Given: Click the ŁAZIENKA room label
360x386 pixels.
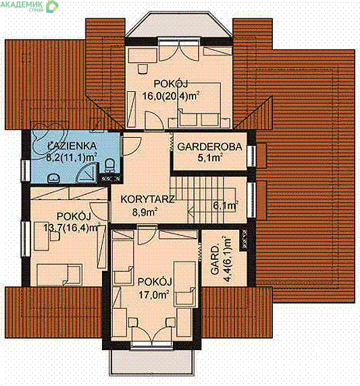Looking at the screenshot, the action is click(72, 146).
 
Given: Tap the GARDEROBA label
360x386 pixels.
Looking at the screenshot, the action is click(209, 147).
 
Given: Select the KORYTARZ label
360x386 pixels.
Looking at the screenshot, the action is click(147, 199).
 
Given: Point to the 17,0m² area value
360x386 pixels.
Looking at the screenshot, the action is click(154, 294).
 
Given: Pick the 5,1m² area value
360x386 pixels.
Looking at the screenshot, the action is click(210, 158).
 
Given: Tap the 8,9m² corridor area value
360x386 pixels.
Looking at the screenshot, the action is click(145, 212).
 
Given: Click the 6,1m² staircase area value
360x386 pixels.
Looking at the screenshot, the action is click(226, 205).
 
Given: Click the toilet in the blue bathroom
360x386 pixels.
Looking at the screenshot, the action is click(109, 166).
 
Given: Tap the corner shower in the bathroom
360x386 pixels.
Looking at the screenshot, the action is click(87, 173).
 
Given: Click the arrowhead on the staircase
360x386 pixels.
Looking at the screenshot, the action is click(190, 212).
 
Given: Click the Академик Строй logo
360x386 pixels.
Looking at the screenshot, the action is click(29, 5).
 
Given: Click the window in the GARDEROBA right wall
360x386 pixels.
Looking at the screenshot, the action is click(252, 156).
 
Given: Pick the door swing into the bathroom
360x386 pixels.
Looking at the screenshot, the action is click(132, 145).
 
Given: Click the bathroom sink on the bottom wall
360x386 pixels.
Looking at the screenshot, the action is click(53, 178).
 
